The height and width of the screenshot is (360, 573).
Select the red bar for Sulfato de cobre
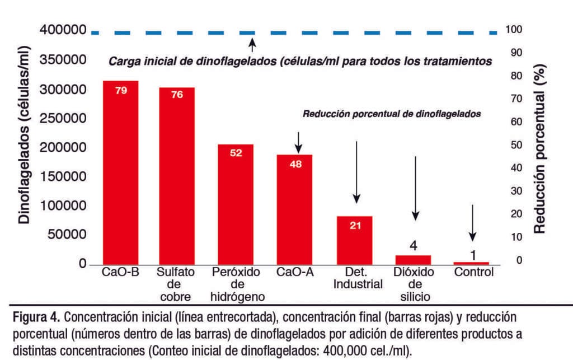tap(176, 176)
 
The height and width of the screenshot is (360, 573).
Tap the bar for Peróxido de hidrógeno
tap(236, 204)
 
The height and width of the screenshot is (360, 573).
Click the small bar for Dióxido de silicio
tap(413, 259)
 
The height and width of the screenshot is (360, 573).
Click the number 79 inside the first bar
tap(121, 90)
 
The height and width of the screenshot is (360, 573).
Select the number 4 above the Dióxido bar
tap(413, 246)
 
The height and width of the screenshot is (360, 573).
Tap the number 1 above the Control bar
tap(473, 255)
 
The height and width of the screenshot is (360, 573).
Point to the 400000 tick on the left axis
tap(64, 31)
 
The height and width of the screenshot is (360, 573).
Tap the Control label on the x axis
tap(474, 273)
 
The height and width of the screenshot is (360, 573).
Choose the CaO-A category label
tap(295, 273)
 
